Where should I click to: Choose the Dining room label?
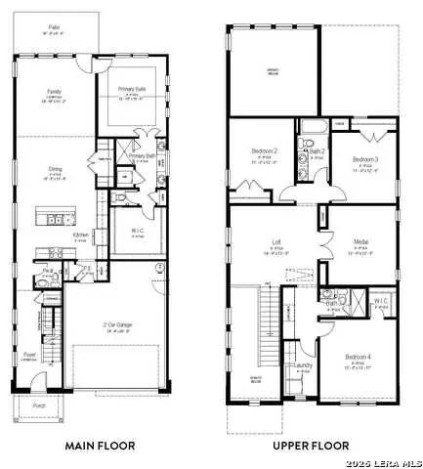[54, 169]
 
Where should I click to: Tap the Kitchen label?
[82, 234]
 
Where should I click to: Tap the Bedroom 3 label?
[365, 158]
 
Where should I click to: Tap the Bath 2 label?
[317, 152]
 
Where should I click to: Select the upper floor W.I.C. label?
[381, 301]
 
